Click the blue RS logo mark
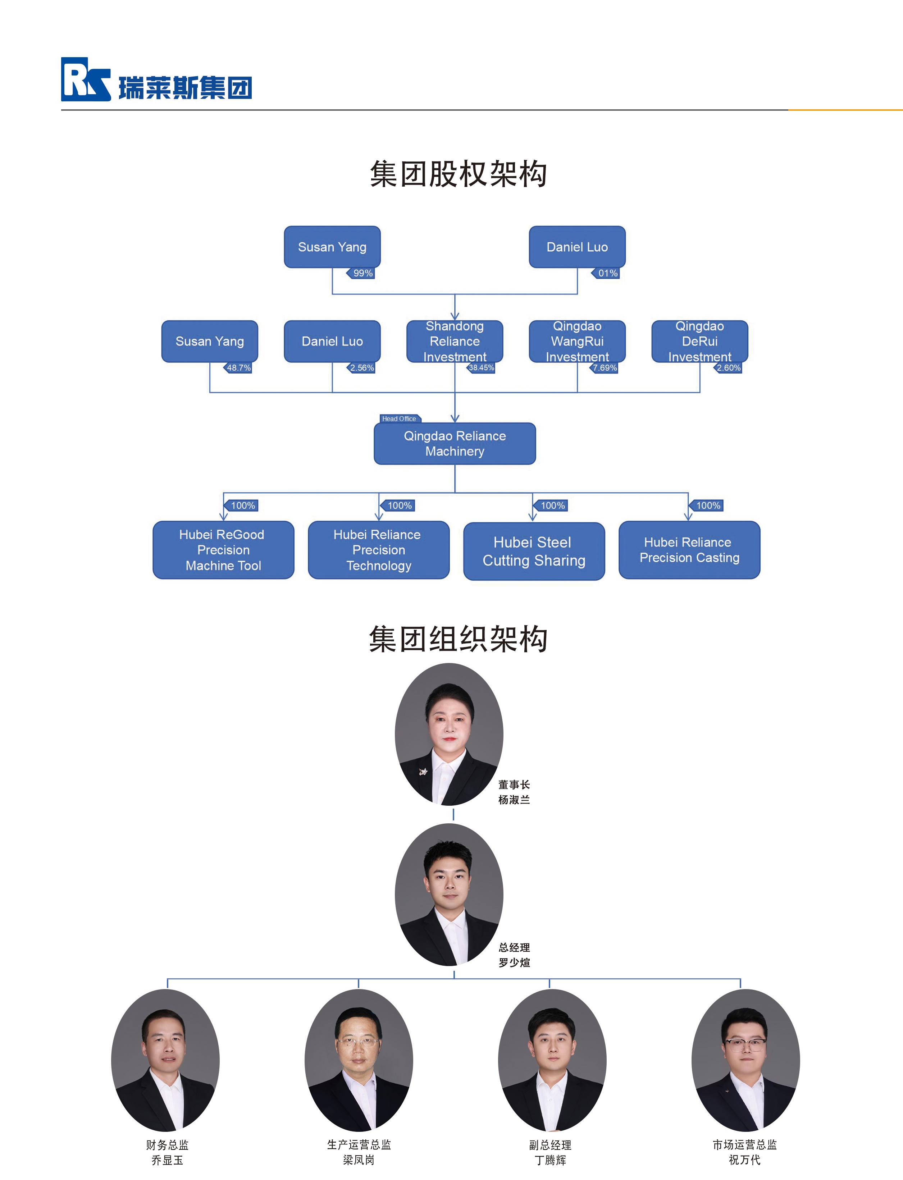(x=85, y=79)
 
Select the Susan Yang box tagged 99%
(x=332, y=247)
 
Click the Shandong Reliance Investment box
(x=455, y=341)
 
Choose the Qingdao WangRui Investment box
(x=577, y=341)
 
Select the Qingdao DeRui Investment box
(x=699, y=341)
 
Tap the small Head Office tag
(x=399, y=419)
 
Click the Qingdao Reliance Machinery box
(x=455, y=444)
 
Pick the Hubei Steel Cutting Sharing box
(x=534, y=551)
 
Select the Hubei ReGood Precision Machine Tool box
(x=223, y=550)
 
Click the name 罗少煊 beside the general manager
(x=514, y=962)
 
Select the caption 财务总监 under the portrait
(x=167, y=1144)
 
